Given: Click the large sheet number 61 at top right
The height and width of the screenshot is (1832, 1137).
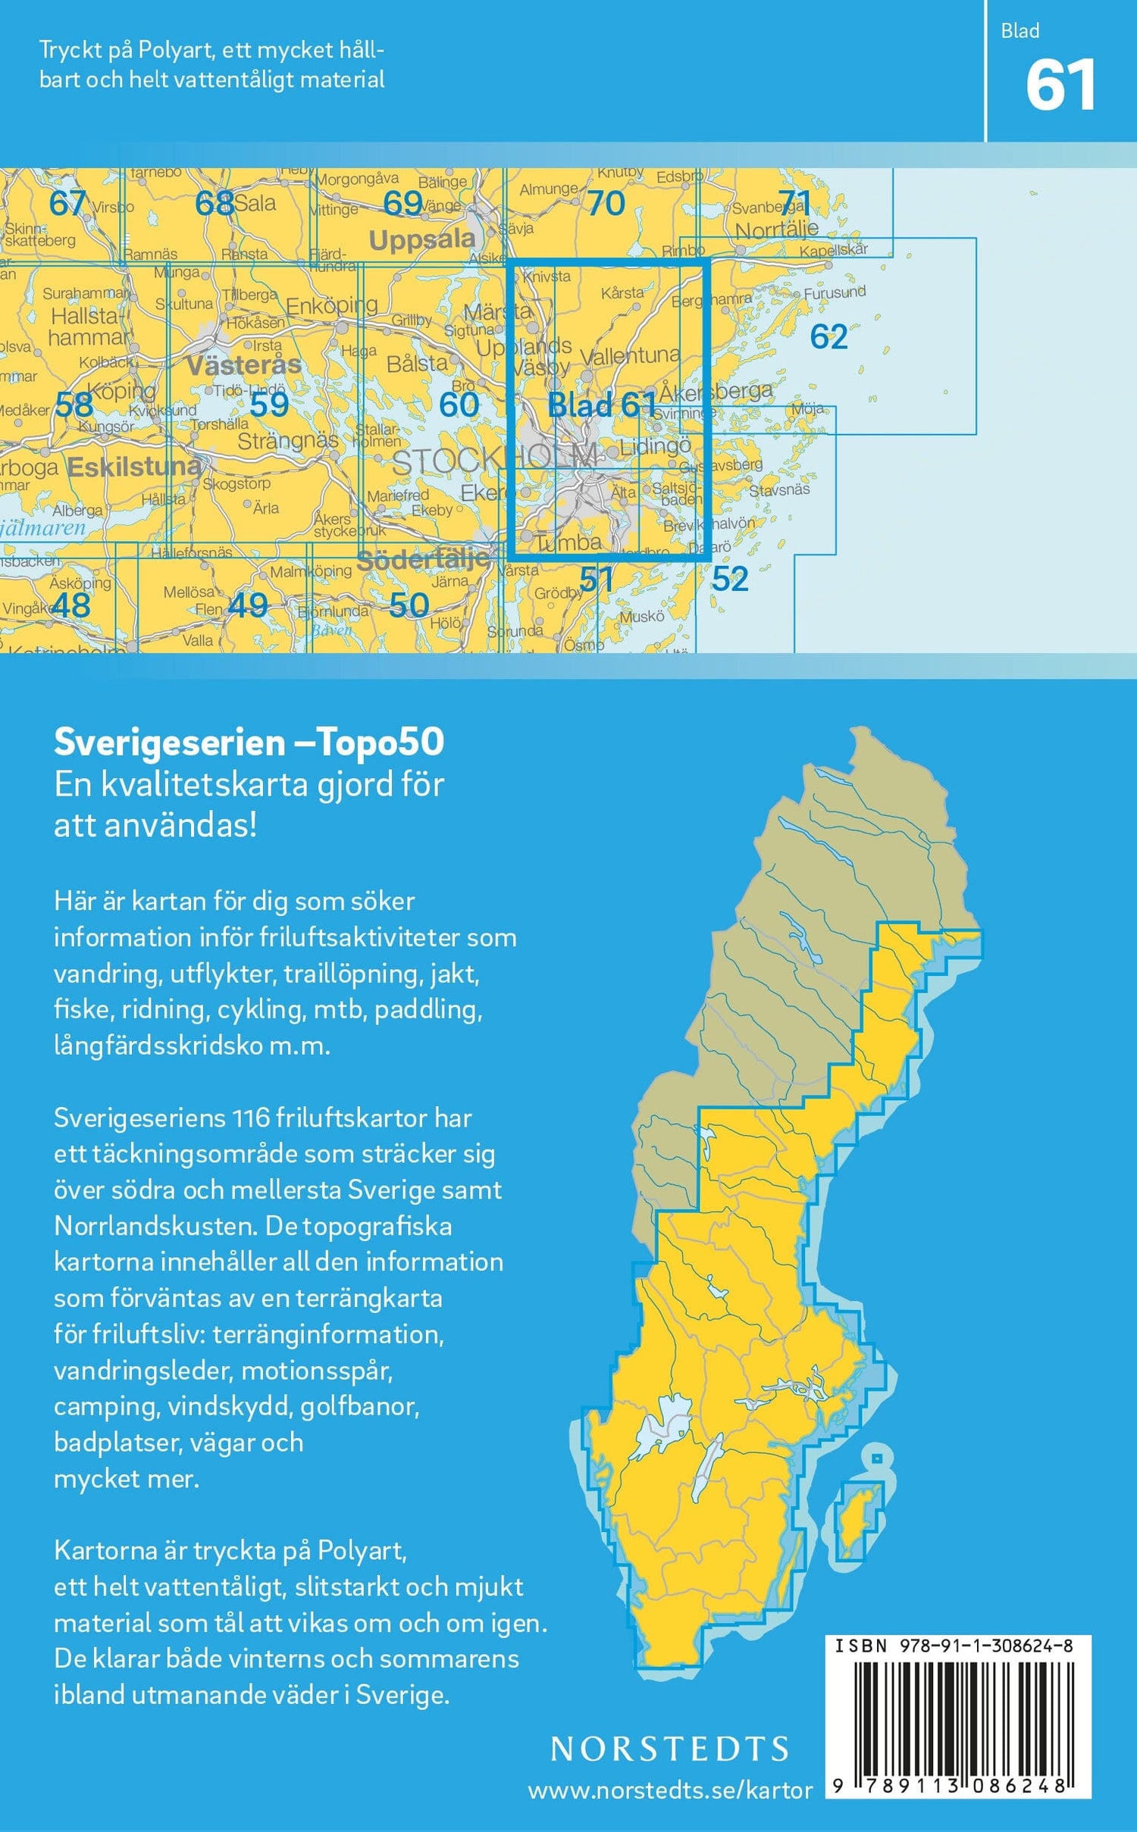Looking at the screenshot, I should tap(1060, 86).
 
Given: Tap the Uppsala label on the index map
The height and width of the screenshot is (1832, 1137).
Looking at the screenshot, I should tap(421, 240).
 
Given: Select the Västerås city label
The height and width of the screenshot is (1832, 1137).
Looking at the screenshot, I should tap(243, 366).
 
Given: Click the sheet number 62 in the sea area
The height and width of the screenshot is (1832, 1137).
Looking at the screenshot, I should tap(828, 336).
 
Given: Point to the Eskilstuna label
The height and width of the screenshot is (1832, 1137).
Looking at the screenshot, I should tap(135, 466).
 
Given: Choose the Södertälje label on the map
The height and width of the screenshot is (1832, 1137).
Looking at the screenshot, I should tap(422, 561).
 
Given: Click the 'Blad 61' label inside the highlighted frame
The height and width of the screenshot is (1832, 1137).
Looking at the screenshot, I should tap(600, 405).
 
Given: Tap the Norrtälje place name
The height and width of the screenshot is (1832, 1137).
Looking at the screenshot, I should tap(776, 229).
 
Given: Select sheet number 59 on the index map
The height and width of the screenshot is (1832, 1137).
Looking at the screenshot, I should tap(269, 405).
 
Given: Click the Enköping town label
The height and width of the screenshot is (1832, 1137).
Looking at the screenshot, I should tap(331, 305).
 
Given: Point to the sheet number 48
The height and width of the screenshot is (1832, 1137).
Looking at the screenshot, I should tap(71, 605).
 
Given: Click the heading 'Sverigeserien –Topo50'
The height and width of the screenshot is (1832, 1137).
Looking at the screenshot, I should tap(249, 742).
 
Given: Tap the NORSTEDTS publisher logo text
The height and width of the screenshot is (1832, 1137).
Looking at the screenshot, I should tap(669, 1748).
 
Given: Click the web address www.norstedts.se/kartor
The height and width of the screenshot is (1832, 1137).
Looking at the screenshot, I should tap(669, 1790).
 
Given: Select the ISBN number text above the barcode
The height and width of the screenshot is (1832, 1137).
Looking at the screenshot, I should tap(954, 1646).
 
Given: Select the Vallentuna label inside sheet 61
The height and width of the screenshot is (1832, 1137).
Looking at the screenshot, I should tap(630, 355).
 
